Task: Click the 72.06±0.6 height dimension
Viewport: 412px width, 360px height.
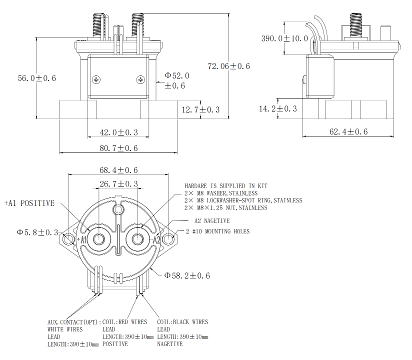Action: tap(229, 66)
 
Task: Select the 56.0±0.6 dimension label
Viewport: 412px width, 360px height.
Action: tap(37, 78)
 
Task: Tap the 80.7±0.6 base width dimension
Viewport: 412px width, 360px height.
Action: tap(118, 148)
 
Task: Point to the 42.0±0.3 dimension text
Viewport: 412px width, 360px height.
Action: tap(118, 132)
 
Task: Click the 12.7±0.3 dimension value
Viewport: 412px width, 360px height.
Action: tap(200, 109)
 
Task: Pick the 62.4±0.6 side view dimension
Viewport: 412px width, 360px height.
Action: tap(348, 131)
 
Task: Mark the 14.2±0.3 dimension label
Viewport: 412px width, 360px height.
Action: tap(278, 108)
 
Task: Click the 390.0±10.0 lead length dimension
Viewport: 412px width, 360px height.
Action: tap(284, 38)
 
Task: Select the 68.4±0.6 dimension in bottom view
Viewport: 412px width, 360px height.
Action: tap(118, 170)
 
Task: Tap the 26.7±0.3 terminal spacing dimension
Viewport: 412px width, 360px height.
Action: tap(118, 184)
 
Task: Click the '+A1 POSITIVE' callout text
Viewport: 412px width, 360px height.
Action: tap(29, 203)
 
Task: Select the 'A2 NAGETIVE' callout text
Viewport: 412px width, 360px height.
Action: tap(212, 220)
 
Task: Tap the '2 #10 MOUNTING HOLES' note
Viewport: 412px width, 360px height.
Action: tap(217, 231)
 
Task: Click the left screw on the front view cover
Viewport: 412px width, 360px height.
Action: tap(96, 79)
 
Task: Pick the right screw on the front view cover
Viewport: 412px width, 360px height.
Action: tap(140, 79)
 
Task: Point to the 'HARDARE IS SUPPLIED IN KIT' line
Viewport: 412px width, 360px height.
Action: tap(225, 185)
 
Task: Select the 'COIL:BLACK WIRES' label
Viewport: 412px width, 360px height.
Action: tap(182, 322)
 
